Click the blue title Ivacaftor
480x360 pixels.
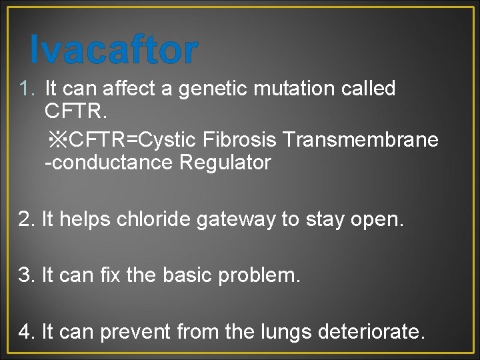114,49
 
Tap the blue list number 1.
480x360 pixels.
25,88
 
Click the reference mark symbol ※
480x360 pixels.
58,139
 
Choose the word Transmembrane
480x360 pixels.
361,139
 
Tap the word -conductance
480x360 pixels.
107,162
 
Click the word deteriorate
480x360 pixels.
369,330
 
